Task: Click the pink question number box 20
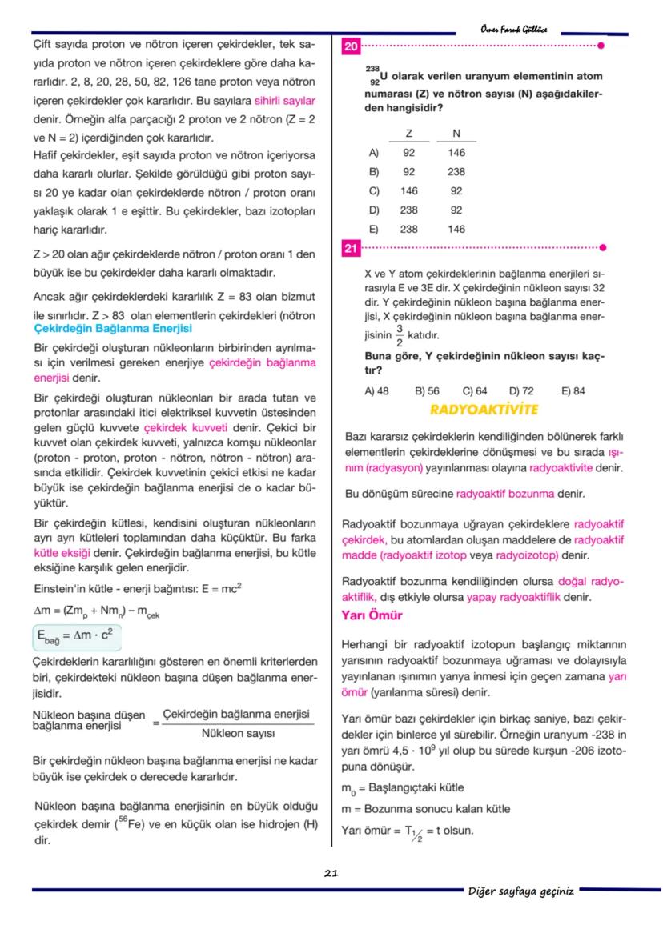350,46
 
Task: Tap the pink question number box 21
350,249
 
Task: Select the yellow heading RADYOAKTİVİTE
484,410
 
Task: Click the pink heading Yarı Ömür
372,615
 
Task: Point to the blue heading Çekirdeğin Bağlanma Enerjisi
113,329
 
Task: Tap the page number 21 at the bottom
331,873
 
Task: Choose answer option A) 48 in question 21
376,390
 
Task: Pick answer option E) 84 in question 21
573,390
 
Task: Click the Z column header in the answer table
408,134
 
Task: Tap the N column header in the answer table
456,134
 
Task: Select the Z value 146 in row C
408,190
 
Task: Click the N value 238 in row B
456,171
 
